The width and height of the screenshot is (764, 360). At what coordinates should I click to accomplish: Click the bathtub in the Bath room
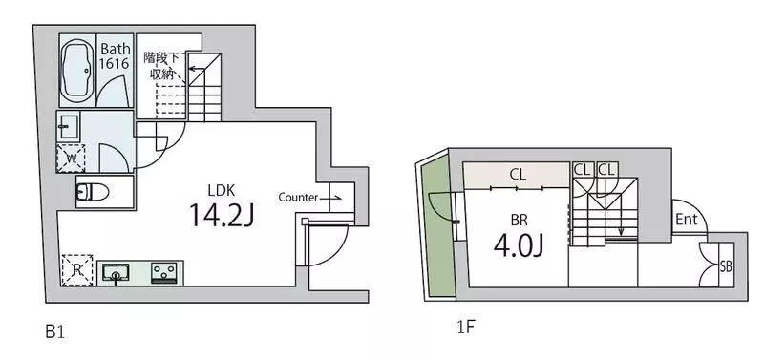click(76, 70)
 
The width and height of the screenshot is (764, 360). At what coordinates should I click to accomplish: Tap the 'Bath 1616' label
click(115, 56)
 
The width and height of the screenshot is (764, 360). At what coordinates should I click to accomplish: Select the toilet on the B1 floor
click(93, 193)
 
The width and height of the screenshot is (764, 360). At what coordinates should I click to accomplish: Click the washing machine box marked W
click(71, 158)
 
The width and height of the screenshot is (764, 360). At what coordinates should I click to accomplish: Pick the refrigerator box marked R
click(77, 270)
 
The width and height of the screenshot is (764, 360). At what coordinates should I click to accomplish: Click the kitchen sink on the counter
click(115, 273)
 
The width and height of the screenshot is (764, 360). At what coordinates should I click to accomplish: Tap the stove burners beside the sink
click(165, 273)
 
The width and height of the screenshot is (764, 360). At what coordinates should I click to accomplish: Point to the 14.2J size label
click(222, 214)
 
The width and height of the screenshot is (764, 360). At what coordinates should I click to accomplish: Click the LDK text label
click(223, 190)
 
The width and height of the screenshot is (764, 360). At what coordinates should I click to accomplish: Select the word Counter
click(298, 198)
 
